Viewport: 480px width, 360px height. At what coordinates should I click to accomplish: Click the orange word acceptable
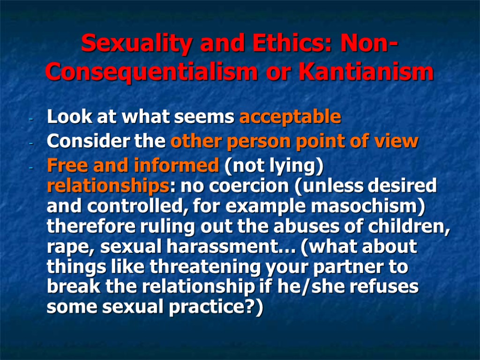coord(290,117)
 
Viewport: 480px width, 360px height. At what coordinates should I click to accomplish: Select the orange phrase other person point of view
coord(294,141)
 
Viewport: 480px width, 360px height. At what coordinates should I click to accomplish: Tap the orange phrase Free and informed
coord(133,165)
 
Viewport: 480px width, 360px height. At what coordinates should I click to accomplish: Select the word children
coord(409,226)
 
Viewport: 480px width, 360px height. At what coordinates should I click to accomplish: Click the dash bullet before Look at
coord(30,119)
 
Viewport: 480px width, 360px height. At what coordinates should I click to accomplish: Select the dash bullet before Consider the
coord(30,142)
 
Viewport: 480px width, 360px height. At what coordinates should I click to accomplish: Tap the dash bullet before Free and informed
coord(30,167)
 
